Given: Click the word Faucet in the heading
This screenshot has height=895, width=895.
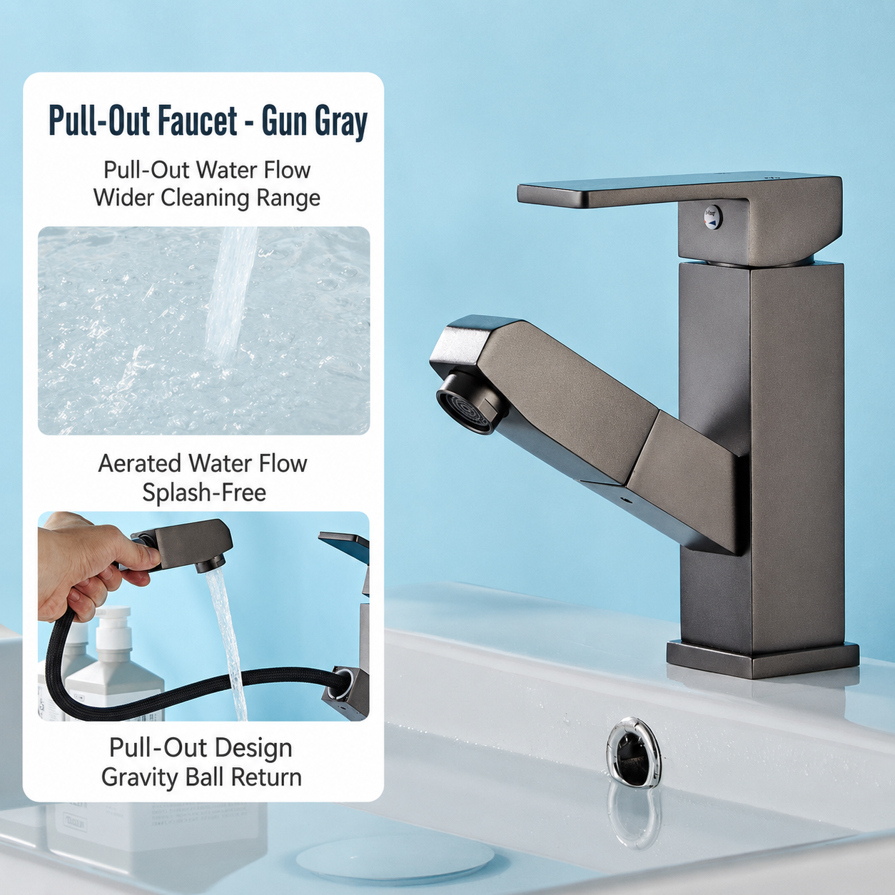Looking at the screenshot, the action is point(198,121).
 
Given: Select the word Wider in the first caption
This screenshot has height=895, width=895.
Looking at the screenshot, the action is point(124,198).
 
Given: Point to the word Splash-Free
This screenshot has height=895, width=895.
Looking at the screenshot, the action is point(204,492).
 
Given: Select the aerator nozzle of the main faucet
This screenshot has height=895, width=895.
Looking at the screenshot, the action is point(467,400).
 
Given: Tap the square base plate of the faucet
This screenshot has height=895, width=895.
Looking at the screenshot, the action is point(762,659).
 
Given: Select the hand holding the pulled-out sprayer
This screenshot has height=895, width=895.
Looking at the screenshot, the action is point(89,565).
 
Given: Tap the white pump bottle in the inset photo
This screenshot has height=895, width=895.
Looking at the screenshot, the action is point(113,669).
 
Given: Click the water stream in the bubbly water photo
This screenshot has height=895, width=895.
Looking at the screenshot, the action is point(231,297).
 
